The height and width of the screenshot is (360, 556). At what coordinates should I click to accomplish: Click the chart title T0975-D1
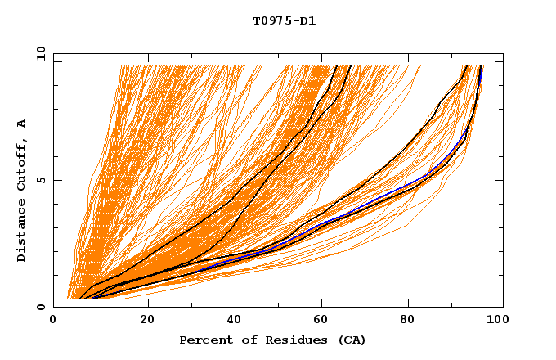[285, 21]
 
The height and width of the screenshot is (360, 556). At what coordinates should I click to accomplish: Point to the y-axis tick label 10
[39, 54]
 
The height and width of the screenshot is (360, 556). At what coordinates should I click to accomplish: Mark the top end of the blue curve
[481, 69]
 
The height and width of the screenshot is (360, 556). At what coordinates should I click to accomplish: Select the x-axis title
[273, 340]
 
